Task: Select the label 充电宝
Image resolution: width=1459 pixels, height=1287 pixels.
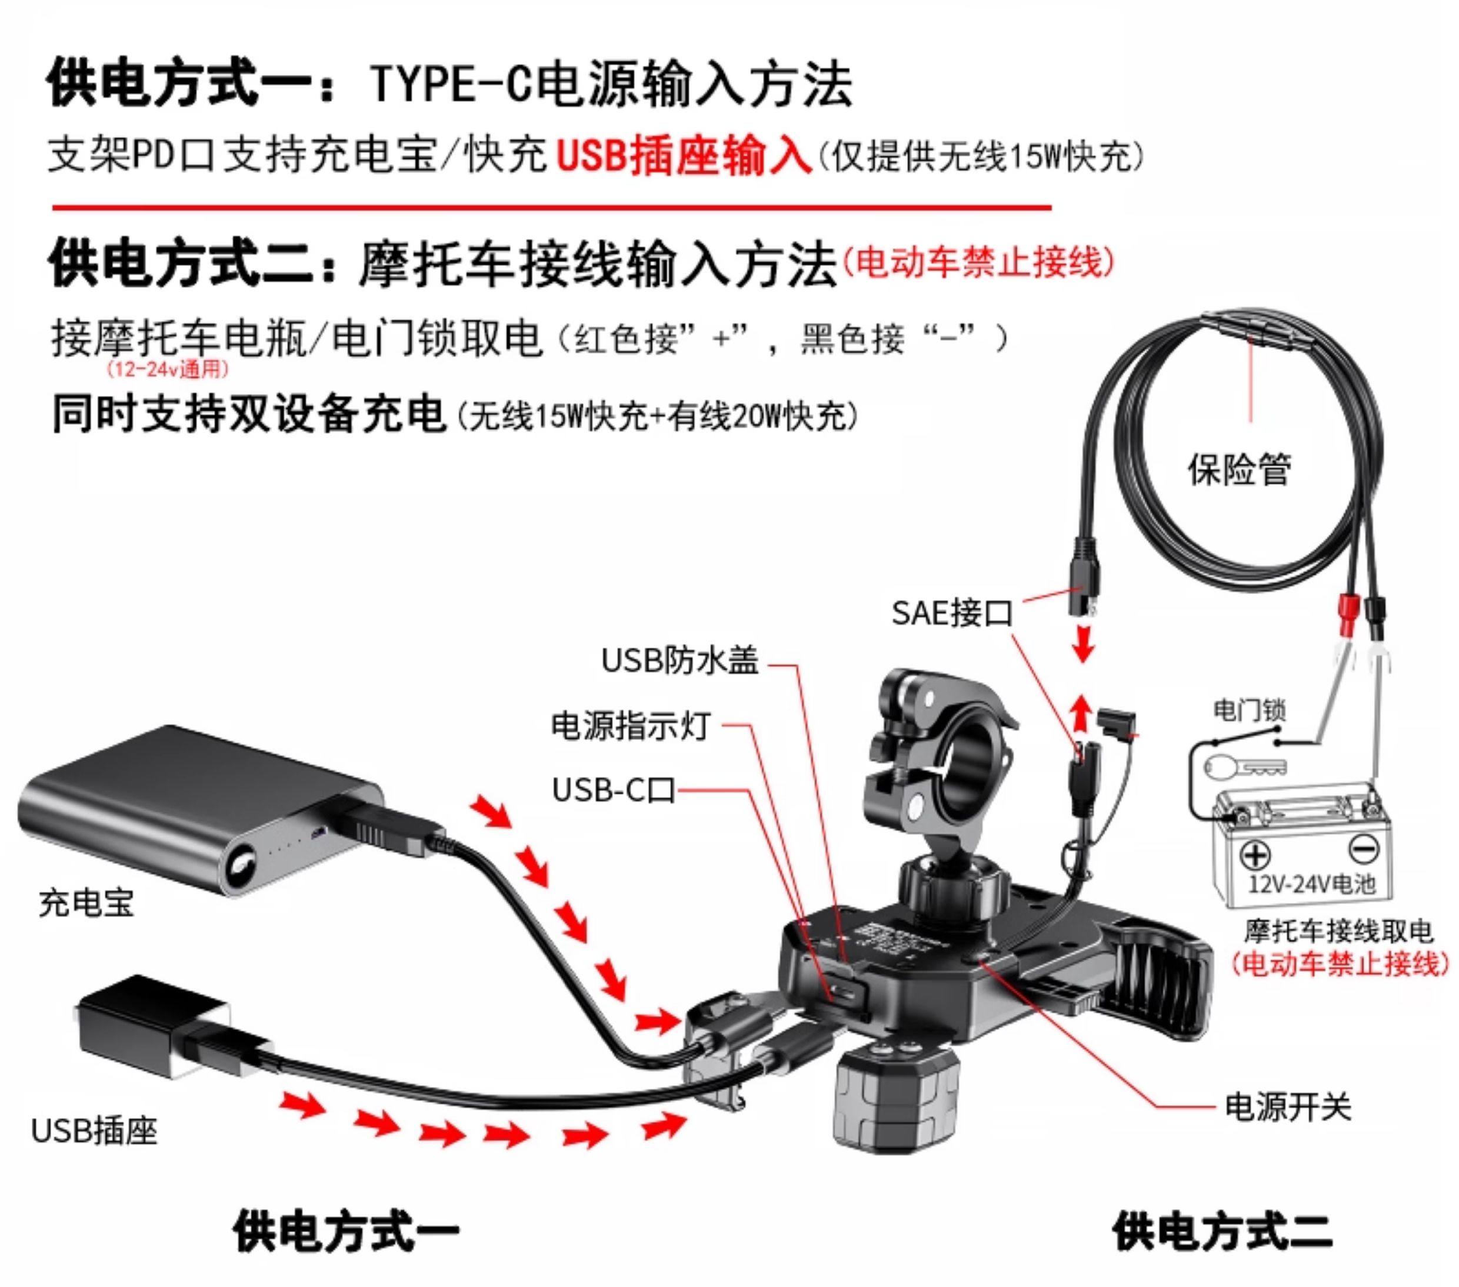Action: point(86,903)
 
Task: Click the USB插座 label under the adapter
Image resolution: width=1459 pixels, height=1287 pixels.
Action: point(94,1130)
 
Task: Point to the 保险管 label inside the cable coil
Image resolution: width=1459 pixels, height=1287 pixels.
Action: point(1239,469)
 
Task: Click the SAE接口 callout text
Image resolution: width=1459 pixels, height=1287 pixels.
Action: point(951,613)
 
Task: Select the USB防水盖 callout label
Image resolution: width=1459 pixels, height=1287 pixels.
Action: point(679,661)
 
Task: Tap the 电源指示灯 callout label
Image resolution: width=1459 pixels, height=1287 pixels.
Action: point(630,726)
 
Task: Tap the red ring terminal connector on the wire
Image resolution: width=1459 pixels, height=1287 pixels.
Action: point(1348,614)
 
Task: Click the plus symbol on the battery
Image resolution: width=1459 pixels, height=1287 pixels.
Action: point(1255,855)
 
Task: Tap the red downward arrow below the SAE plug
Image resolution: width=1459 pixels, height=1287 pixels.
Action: point(1084,643)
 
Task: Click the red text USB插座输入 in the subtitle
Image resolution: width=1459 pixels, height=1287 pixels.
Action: point(684,156)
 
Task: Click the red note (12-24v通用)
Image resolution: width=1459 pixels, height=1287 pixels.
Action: point(167,370)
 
